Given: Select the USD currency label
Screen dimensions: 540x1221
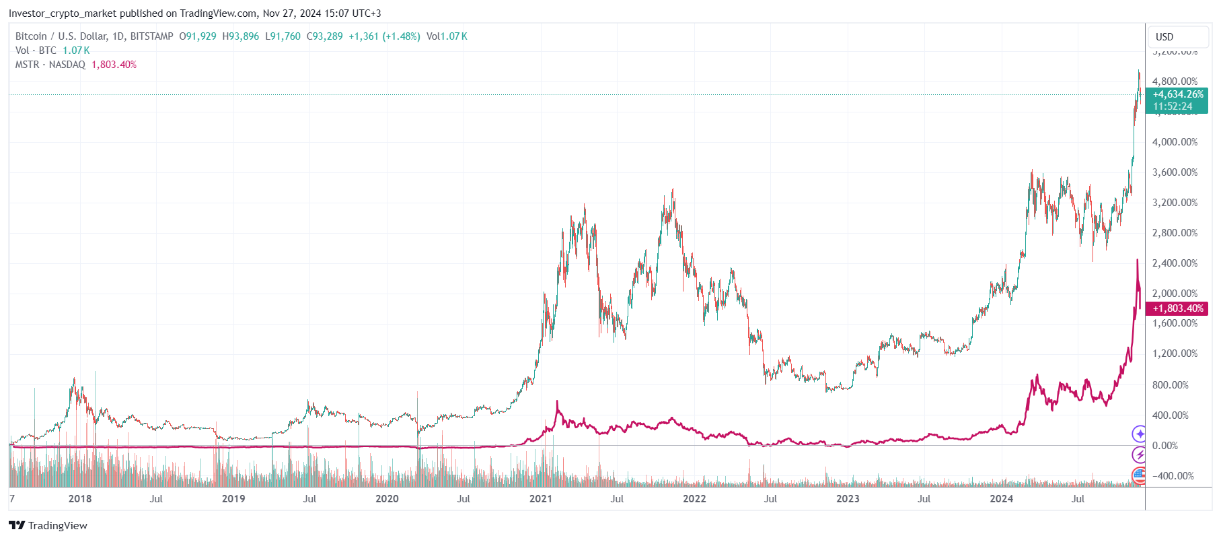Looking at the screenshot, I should (1164, 37).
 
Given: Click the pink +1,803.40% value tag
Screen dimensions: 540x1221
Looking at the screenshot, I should (1178, 308).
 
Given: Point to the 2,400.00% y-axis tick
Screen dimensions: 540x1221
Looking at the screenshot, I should (1175, 263).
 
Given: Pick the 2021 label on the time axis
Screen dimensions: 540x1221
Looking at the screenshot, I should (540, 499).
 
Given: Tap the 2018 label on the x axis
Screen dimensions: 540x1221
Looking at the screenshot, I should (79, 499).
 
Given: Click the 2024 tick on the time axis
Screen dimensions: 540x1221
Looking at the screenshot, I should (1001, 499).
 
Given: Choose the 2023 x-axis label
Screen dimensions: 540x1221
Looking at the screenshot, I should (848, 499).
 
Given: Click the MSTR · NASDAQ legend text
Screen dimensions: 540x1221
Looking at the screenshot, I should (50, 65).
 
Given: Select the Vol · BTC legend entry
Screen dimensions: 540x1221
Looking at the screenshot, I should (36, 50).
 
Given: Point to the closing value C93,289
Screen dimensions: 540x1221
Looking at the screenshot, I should (324, 36).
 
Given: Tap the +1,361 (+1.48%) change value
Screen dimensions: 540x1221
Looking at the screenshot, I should (384, 36).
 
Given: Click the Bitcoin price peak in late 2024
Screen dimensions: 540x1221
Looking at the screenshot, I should (1139, 71).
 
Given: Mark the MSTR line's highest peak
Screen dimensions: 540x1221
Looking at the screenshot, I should (1138, 260).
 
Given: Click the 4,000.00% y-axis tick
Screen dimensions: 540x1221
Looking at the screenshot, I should (1175, 142).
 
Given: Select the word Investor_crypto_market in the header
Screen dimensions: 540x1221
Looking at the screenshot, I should (63, 13).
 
